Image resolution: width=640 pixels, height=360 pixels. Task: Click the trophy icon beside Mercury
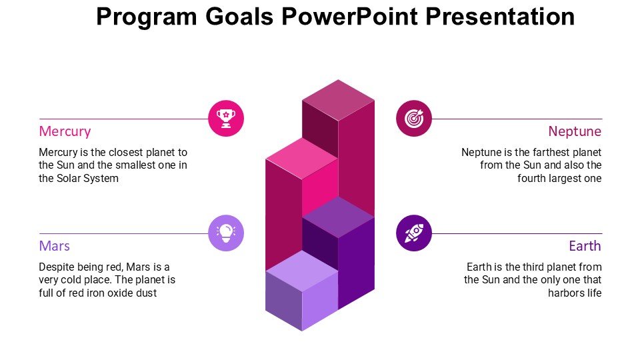226,119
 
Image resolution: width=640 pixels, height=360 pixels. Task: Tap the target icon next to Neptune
414,119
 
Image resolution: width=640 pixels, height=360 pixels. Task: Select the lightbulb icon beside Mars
226,233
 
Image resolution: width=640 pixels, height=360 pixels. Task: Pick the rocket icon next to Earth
414,233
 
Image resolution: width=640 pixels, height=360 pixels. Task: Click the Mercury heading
65,131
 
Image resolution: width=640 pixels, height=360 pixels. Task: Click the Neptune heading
575,131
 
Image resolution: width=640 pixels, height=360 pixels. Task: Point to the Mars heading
54,246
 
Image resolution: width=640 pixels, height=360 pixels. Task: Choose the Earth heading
585,246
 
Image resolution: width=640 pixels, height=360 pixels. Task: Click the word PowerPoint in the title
349,17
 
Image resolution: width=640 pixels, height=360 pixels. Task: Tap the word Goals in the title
239,17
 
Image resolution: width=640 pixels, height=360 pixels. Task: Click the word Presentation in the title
500,17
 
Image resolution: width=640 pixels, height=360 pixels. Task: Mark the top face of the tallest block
339,100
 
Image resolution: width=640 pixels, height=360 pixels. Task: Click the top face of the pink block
302,159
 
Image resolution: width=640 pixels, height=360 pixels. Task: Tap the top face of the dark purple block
339,217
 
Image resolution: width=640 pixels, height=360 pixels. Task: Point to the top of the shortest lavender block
302,271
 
